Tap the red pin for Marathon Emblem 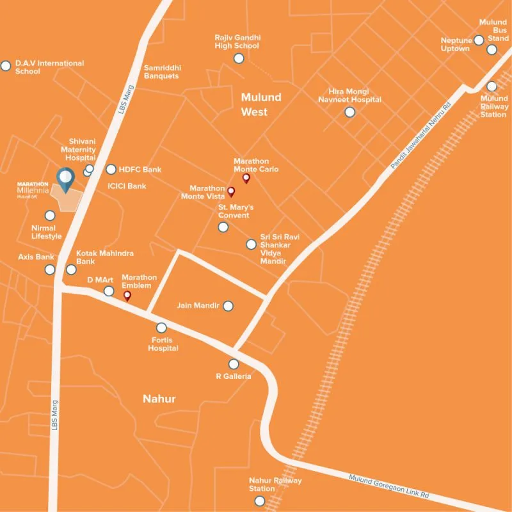(127, 295)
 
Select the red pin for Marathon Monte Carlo (246, 178)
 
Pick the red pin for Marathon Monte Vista (232, 191)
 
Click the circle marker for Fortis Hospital (161, 328)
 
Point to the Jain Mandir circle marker (227, 307)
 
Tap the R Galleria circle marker (233, 364)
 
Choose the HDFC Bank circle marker (111, 170)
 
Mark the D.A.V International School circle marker (6, 65)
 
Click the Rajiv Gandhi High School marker (239, 59)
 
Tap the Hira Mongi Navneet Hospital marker (349, 112)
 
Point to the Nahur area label (159, 399)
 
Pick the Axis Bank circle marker (50, 269)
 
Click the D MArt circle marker (109, 291)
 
